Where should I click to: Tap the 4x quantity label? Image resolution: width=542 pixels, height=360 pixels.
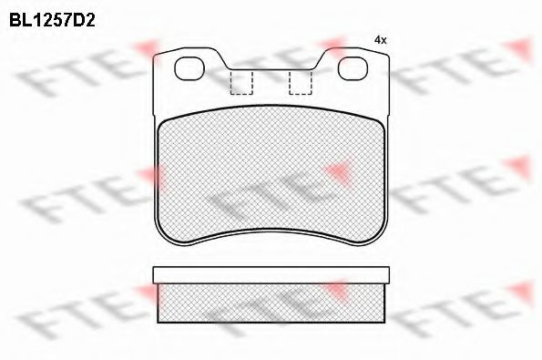point(381,40)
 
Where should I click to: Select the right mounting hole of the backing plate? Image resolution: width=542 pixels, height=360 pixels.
point(352,68)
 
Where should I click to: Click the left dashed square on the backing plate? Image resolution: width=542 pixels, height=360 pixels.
point(241,82)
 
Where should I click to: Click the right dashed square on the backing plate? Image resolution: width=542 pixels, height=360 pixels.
point(300,82)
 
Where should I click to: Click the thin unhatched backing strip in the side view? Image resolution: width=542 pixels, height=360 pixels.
point(271,274)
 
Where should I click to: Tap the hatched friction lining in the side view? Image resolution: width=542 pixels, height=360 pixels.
point(271,303)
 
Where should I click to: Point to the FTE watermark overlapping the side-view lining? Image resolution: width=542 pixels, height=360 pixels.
point(264,305)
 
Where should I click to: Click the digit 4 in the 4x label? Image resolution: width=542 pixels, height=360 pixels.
point(377,40)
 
